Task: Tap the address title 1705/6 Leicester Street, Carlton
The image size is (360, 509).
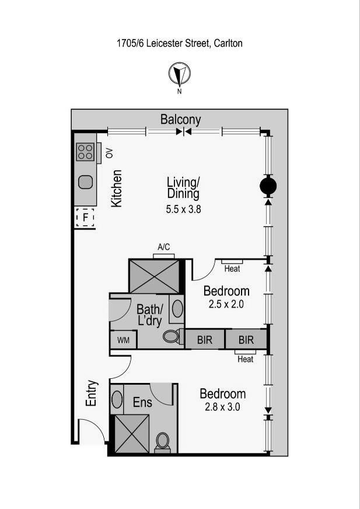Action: (x=180, y=43)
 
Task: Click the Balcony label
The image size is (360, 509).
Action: (x=181, y=120)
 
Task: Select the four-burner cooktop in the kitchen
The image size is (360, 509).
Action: (x=85, y=152)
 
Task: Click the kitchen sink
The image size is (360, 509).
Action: (x=86, y=182)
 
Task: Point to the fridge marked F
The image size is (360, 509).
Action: (x=85, y=218)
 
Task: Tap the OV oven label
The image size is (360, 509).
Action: (x=109, y=154)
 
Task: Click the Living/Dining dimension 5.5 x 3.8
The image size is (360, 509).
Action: (x=183, y=209)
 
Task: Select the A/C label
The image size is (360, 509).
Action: (x=163, y=247)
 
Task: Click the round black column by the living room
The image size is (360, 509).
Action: (x=268, y=186)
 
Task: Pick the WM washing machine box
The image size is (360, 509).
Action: (x=123, y=340)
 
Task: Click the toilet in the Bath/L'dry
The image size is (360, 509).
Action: (x=172, y=336)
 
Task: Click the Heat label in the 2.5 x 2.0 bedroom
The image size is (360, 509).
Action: (x=232, y=268)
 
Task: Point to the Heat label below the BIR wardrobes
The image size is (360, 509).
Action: (x=245, y=359)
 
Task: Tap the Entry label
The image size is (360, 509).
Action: (x=92, y=393)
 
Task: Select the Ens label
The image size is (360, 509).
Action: (x=142, y=402)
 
